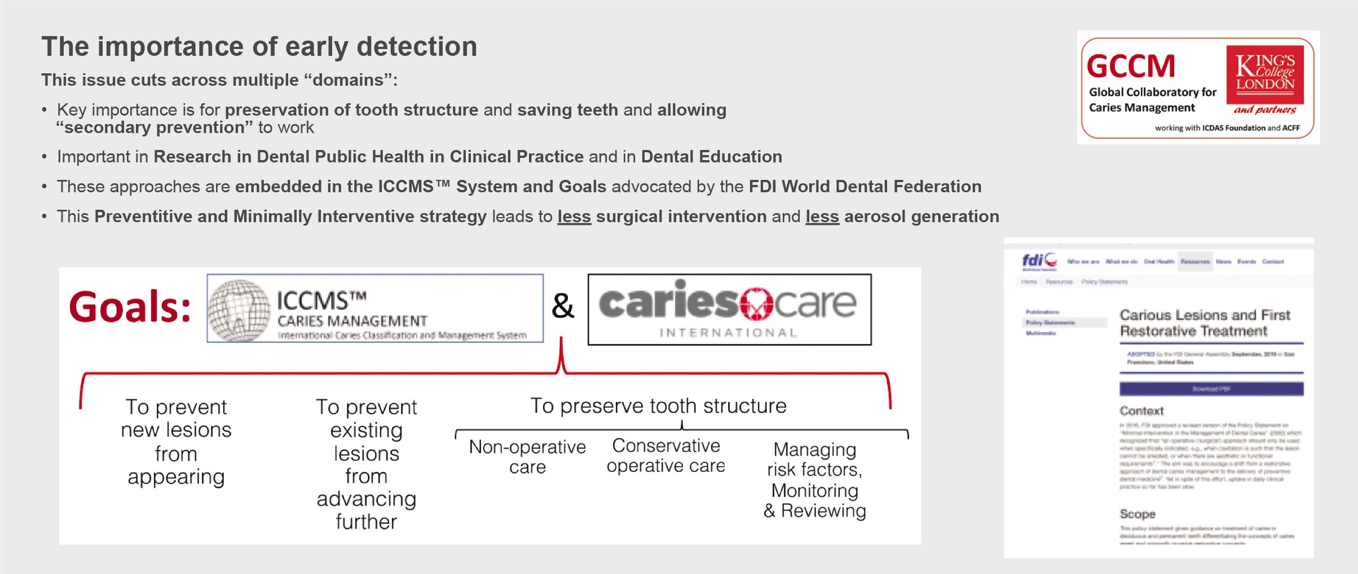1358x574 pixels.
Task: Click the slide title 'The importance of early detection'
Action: (x=259, y=47)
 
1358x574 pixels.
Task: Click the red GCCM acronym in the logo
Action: (x=1130, y=67)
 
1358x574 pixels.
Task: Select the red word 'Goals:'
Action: (x=130, y=307)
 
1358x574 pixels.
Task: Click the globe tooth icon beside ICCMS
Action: (x=239, y=310)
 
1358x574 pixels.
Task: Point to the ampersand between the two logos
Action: (x=562, y=306)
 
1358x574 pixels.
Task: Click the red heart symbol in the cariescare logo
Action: (x=756, y=304)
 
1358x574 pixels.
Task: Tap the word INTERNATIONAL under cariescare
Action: (x=728, y=333)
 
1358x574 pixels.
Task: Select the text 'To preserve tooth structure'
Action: (x=658, y=406)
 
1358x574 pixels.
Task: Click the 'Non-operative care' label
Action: (x=527, y=457)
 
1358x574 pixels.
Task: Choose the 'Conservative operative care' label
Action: (x=666, y=456)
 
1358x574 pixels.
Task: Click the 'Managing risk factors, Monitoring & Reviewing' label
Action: (x=814, y=480)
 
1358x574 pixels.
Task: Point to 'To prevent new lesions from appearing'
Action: (x=176, y=441)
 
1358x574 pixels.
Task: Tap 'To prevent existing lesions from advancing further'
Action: (x=367, y=464)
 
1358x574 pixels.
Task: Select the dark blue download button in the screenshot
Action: (x=1211, y=389)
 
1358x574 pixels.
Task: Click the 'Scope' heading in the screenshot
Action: (x=1137, y=514)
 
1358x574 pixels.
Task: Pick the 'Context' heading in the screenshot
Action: (x=1141, y=411)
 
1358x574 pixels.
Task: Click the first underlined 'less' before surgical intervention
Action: (x=574, y=217)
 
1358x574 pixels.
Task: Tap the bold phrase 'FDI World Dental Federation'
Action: (x=865, y=187)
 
